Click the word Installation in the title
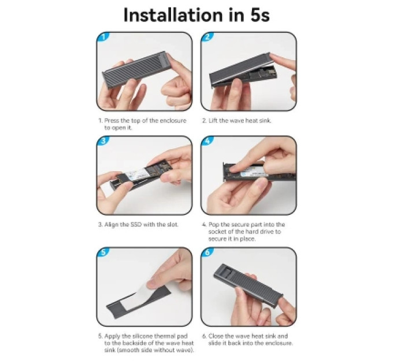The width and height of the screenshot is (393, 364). click(173, 15)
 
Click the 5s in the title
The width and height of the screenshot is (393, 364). click(259, 15)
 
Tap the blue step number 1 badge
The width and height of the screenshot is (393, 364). click(103, 37)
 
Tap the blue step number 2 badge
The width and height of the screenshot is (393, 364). click(207, 37)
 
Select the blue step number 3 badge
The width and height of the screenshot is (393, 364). click(103, 141)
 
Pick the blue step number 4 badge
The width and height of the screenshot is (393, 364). click(207, 141)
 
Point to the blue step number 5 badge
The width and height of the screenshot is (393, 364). click(103, 252)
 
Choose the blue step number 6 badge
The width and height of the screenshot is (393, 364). click(207, 252)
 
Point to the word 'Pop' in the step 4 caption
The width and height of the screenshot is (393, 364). click(214, 224)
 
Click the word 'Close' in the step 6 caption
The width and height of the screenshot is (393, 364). click(216, 336)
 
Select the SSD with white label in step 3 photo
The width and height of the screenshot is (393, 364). click(141, 173)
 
